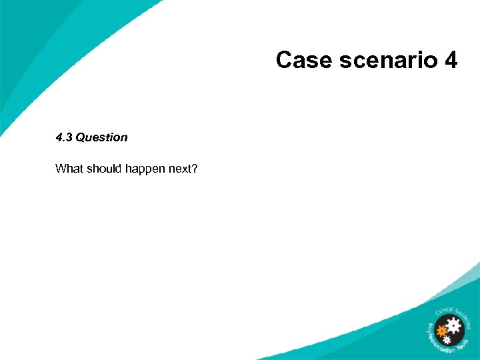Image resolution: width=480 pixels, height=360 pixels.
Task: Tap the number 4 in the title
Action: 450,61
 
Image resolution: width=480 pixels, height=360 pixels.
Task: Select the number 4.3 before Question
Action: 64,137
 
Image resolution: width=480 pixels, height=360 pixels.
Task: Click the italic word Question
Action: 101,137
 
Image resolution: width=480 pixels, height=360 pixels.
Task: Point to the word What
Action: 69,169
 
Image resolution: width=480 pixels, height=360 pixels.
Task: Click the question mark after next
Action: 195,169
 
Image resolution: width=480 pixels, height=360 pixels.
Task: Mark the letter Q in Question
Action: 81,137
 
